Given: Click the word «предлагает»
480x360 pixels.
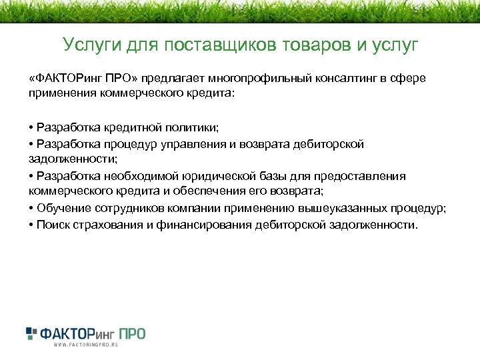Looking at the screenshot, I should point(174,79).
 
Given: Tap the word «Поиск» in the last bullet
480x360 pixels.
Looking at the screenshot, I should point(54,225).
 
